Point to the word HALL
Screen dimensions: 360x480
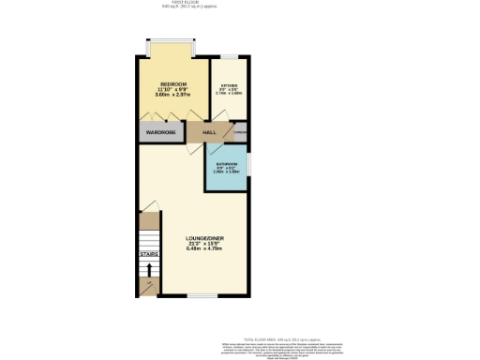tap(210, 133)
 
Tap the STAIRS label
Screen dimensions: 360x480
tap(148, 253)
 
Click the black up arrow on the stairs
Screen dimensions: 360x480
tap(148, 269)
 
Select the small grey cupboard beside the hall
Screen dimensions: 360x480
tap(240, 133)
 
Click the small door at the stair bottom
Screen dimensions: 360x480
tap(148, 284)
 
